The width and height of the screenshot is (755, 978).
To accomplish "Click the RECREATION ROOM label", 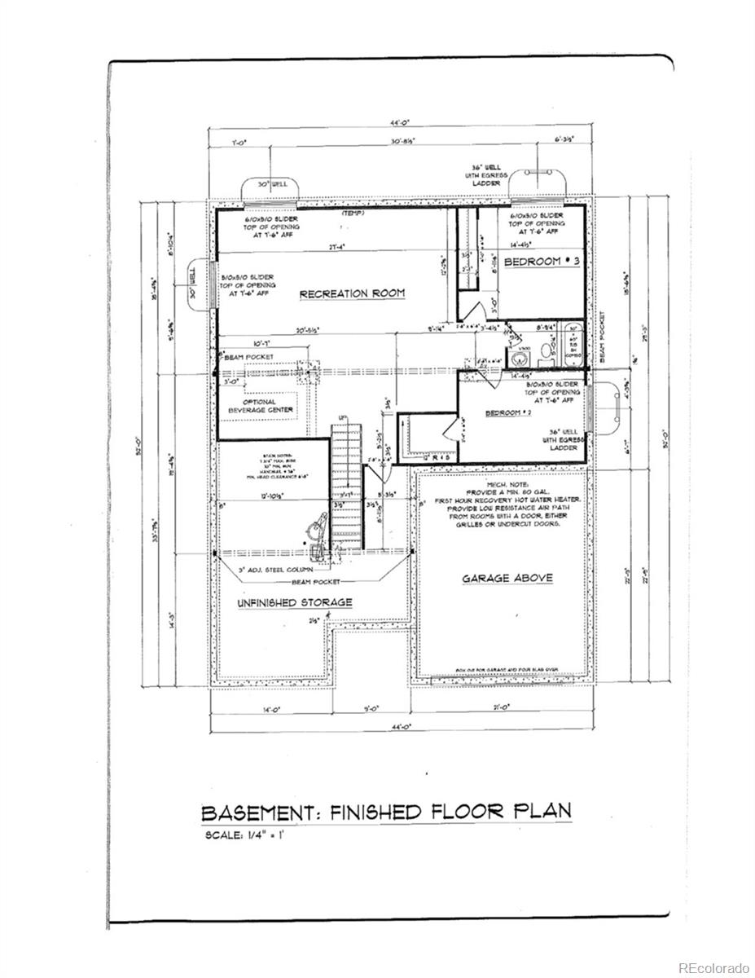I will [x=352, y=293].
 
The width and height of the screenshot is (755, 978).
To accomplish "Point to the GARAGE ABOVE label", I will [x=507, y=578].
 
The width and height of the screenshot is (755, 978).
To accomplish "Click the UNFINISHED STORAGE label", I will [x=283, y=602].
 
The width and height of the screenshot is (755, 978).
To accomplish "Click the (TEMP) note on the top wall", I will [x=352, y=214].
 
